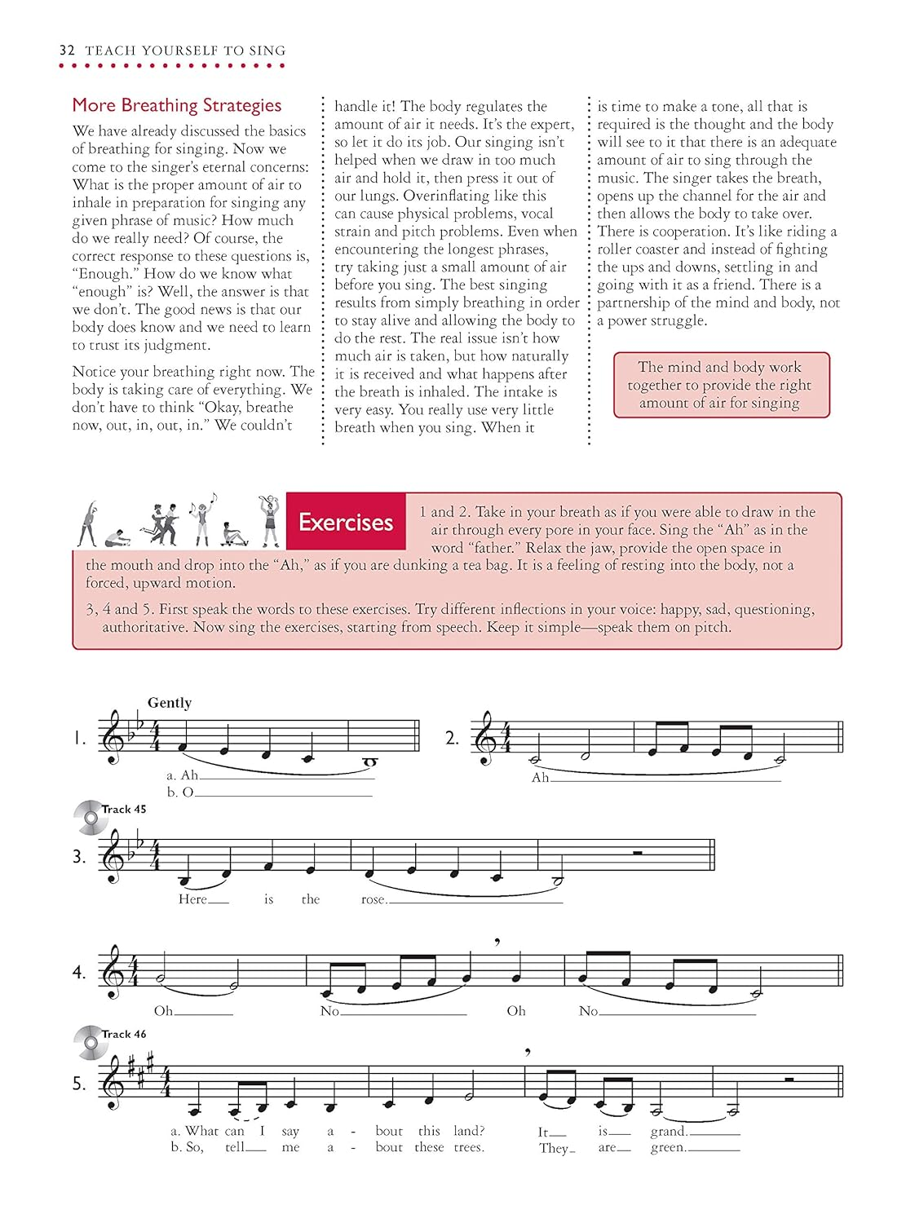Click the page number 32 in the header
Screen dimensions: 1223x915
coord(67,51)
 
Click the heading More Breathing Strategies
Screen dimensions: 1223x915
coord(177,105)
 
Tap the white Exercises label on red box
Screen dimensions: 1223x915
coord(346,522)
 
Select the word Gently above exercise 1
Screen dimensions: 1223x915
coord(170,703)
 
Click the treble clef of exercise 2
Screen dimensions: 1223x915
coord(486,739)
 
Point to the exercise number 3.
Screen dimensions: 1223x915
coord(79,857)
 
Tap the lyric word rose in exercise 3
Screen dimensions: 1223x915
coord(374,899)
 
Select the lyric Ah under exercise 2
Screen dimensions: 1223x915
coord(540,777)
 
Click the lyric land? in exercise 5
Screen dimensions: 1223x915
coord(469,1131)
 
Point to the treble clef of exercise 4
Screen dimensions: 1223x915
coord(113,973)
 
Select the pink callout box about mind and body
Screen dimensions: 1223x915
coord(721,385)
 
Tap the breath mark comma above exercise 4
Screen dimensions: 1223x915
coord(497,943)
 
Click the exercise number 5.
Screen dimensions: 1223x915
coord(79,1084)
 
